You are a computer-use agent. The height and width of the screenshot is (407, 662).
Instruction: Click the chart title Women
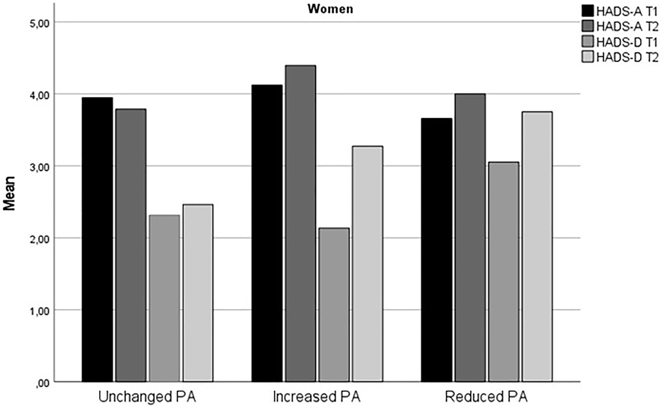[331, 9]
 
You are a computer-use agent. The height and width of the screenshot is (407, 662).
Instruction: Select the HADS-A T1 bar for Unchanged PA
[98, 239]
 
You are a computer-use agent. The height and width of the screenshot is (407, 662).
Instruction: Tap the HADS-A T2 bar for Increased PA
[300, 224]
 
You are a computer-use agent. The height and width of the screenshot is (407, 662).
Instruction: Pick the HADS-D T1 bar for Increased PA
[334, 305]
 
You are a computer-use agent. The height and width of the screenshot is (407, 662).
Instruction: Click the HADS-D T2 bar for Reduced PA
[537, 247]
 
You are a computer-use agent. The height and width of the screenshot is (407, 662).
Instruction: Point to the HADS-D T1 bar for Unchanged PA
[164, 298]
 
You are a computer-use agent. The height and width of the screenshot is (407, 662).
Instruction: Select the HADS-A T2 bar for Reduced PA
[470, 238]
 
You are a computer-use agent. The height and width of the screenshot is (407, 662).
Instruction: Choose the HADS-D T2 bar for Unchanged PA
[198, 293]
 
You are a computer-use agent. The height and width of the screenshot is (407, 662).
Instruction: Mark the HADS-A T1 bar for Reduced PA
[437, 250]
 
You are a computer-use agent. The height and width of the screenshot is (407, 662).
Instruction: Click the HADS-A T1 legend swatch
[588, 11]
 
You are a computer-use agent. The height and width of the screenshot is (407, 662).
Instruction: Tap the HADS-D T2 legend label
[627, 57]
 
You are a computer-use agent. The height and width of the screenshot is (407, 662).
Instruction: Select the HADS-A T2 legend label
[627, 26]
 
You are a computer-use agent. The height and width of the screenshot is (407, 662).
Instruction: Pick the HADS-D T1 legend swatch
[588, 42]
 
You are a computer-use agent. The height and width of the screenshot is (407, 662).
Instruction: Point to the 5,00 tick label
[39, 23]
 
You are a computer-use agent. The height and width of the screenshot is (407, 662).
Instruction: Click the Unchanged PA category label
[147, 397]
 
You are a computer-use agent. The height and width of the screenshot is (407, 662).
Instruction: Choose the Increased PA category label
[317, 397]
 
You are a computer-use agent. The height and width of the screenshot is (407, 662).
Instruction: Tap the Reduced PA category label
[486, 397]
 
